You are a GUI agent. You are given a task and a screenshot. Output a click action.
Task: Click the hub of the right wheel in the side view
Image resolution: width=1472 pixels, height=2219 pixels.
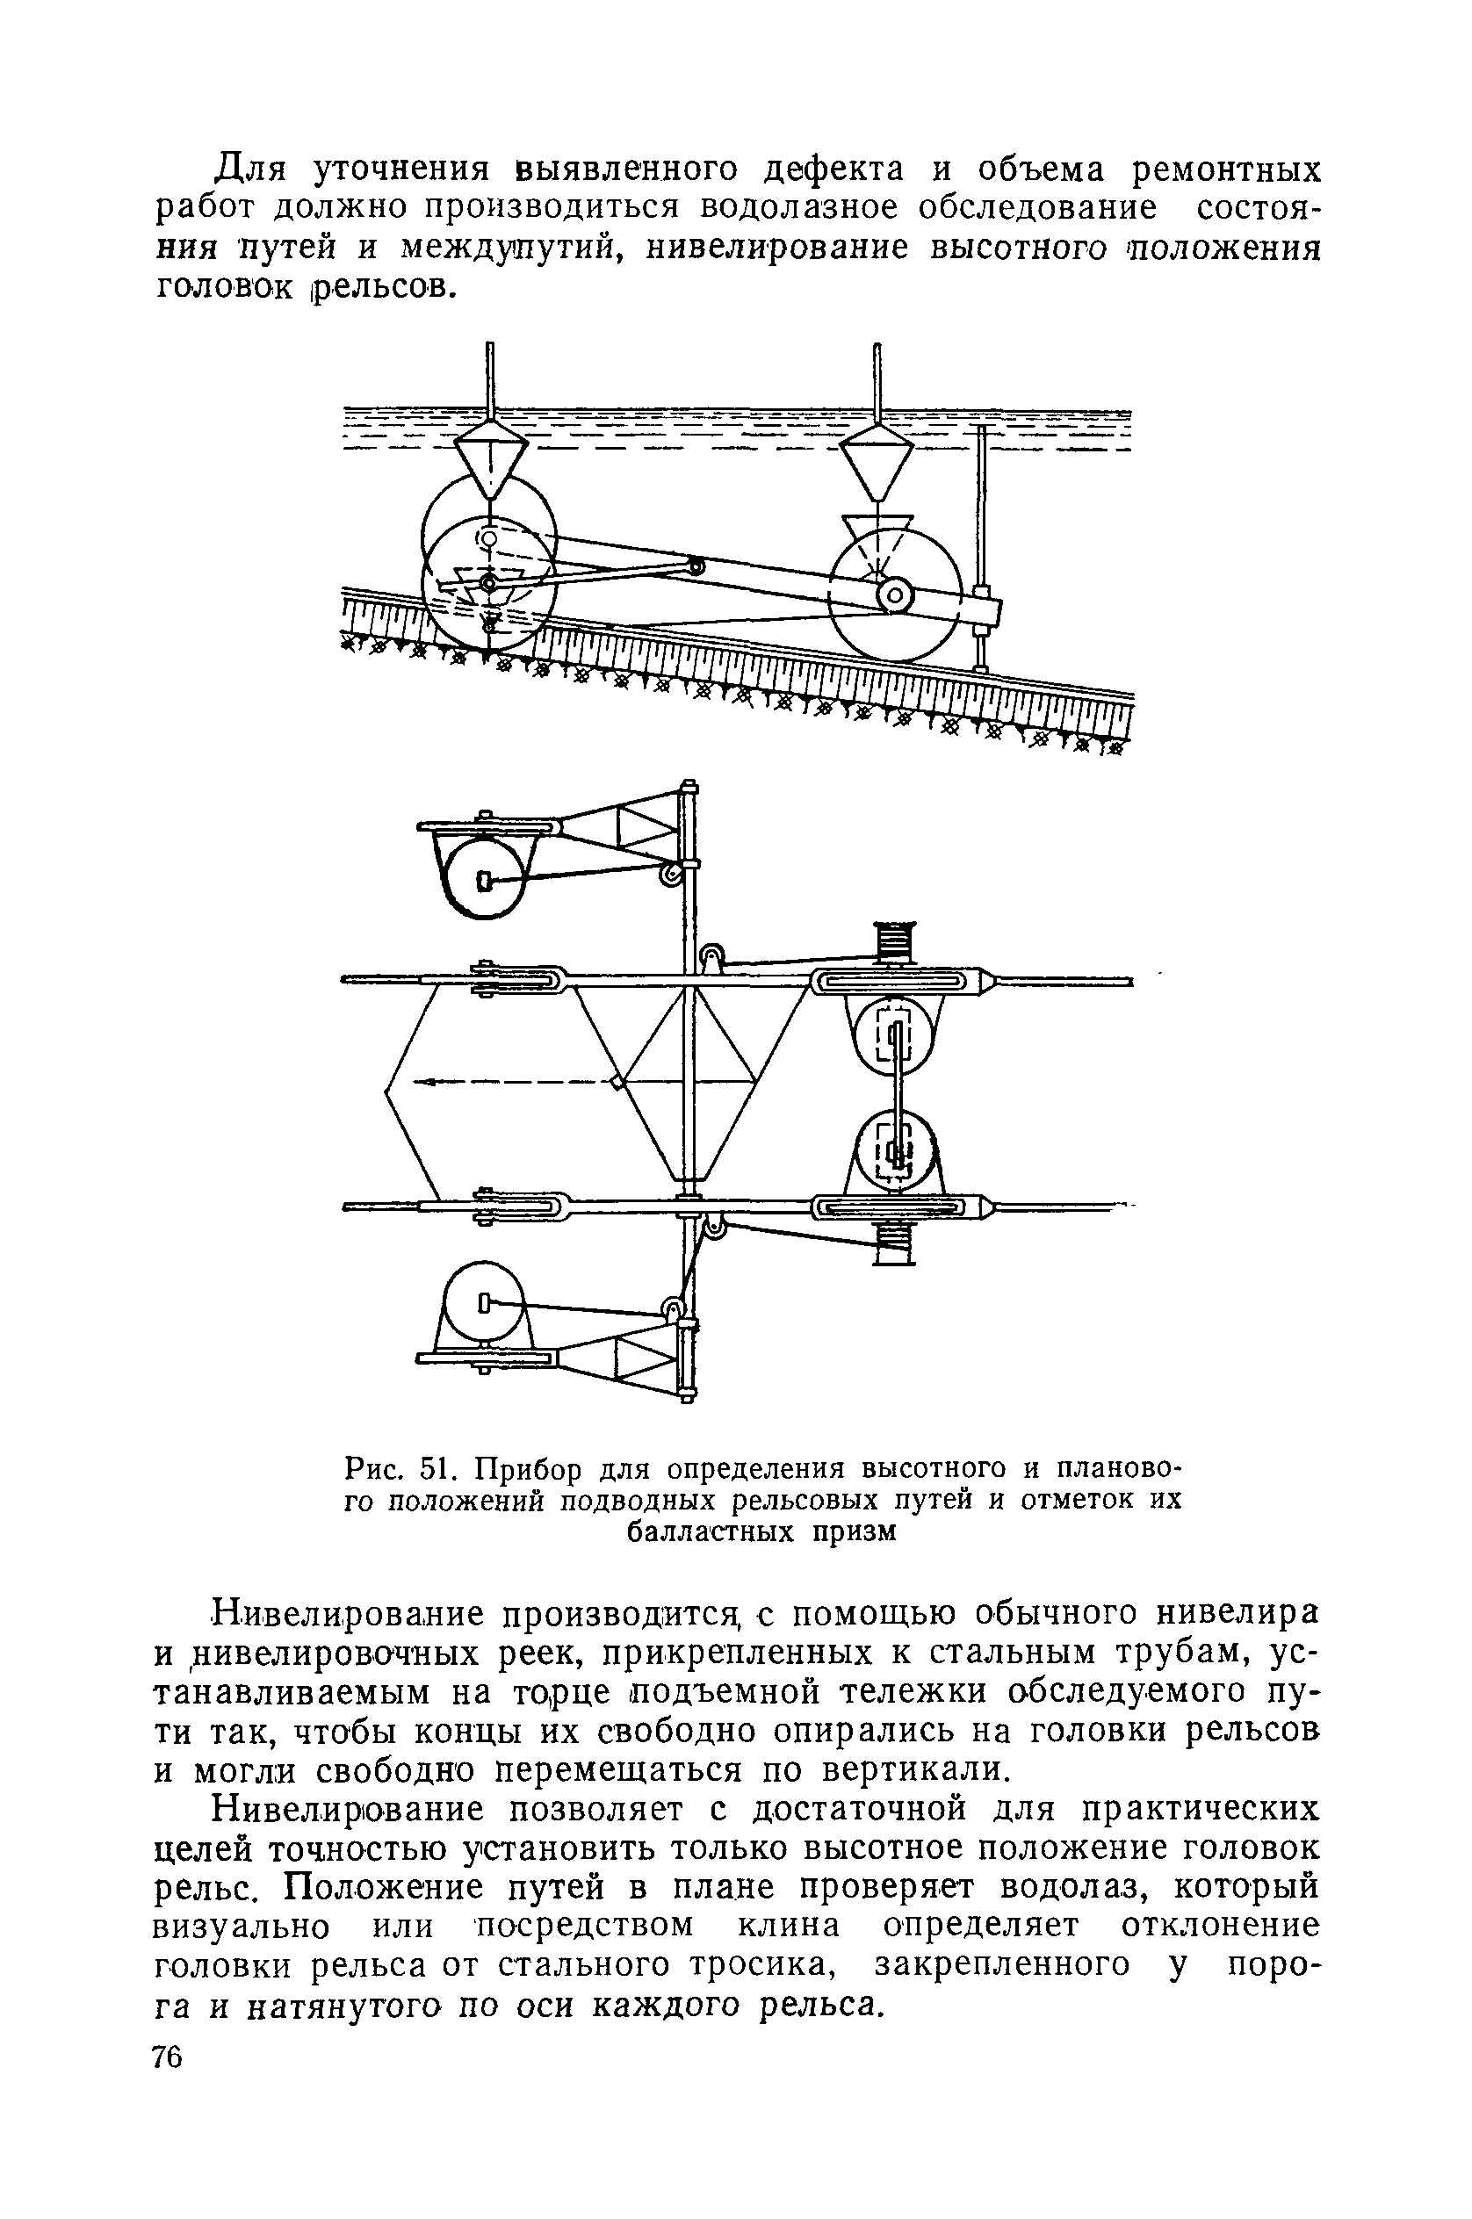click(896, 595)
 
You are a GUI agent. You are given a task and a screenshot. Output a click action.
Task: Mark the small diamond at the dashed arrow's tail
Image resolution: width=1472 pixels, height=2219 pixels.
click(617, 1083)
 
